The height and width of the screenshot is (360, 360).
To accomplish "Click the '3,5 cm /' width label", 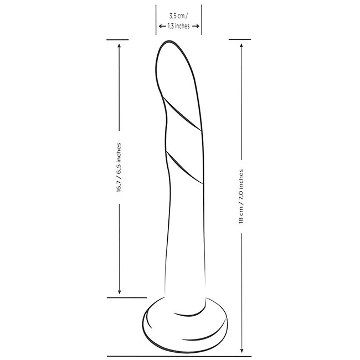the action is (178, 16).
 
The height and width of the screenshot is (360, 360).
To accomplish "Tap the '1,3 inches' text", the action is (179, 26).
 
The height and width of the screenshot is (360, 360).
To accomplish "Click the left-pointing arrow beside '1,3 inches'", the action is (162, 26).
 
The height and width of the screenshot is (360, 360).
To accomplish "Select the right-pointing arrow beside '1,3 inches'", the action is (196, 26).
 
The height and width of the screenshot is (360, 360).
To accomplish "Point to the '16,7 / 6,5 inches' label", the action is (119, 167).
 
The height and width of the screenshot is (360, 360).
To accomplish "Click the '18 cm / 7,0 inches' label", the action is (241, 197).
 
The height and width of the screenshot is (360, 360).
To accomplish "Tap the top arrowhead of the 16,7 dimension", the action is (119, 45).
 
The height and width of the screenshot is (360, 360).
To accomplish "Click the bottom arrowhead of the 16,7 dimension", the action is (119, 292).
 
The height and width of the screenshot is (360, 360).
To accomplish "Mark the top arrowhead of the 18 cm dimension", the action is (241, 45).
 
